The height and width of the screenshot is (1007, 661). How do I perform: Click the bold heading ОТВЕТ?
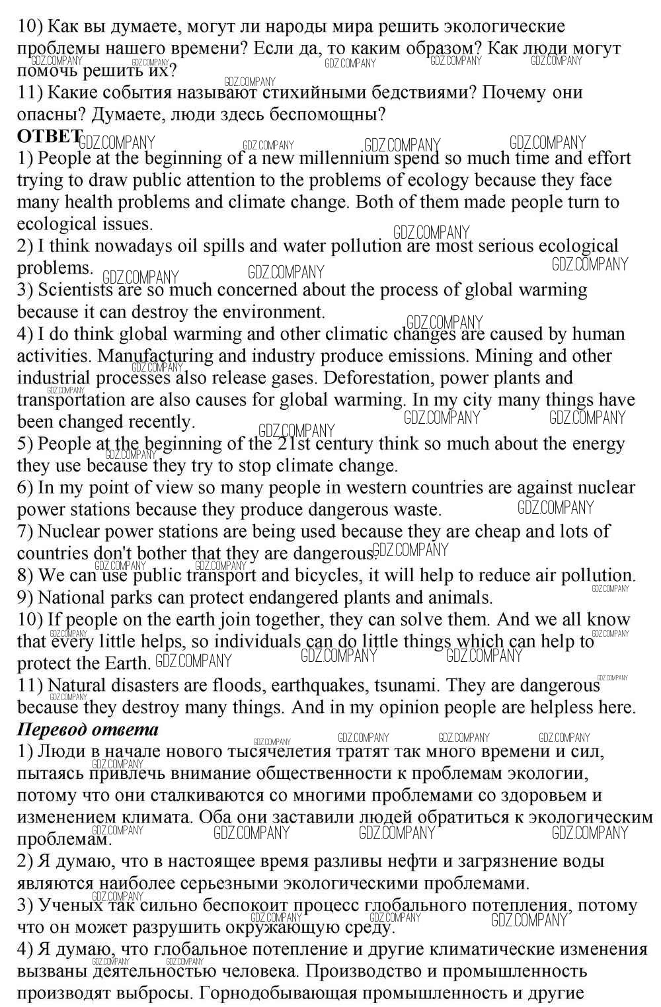coord(44,136)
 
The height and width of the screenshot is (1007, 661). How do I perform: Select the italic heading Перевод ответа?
coord(87,729)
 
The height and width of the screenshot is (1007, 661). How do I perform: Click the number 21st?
coord(295,444)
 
